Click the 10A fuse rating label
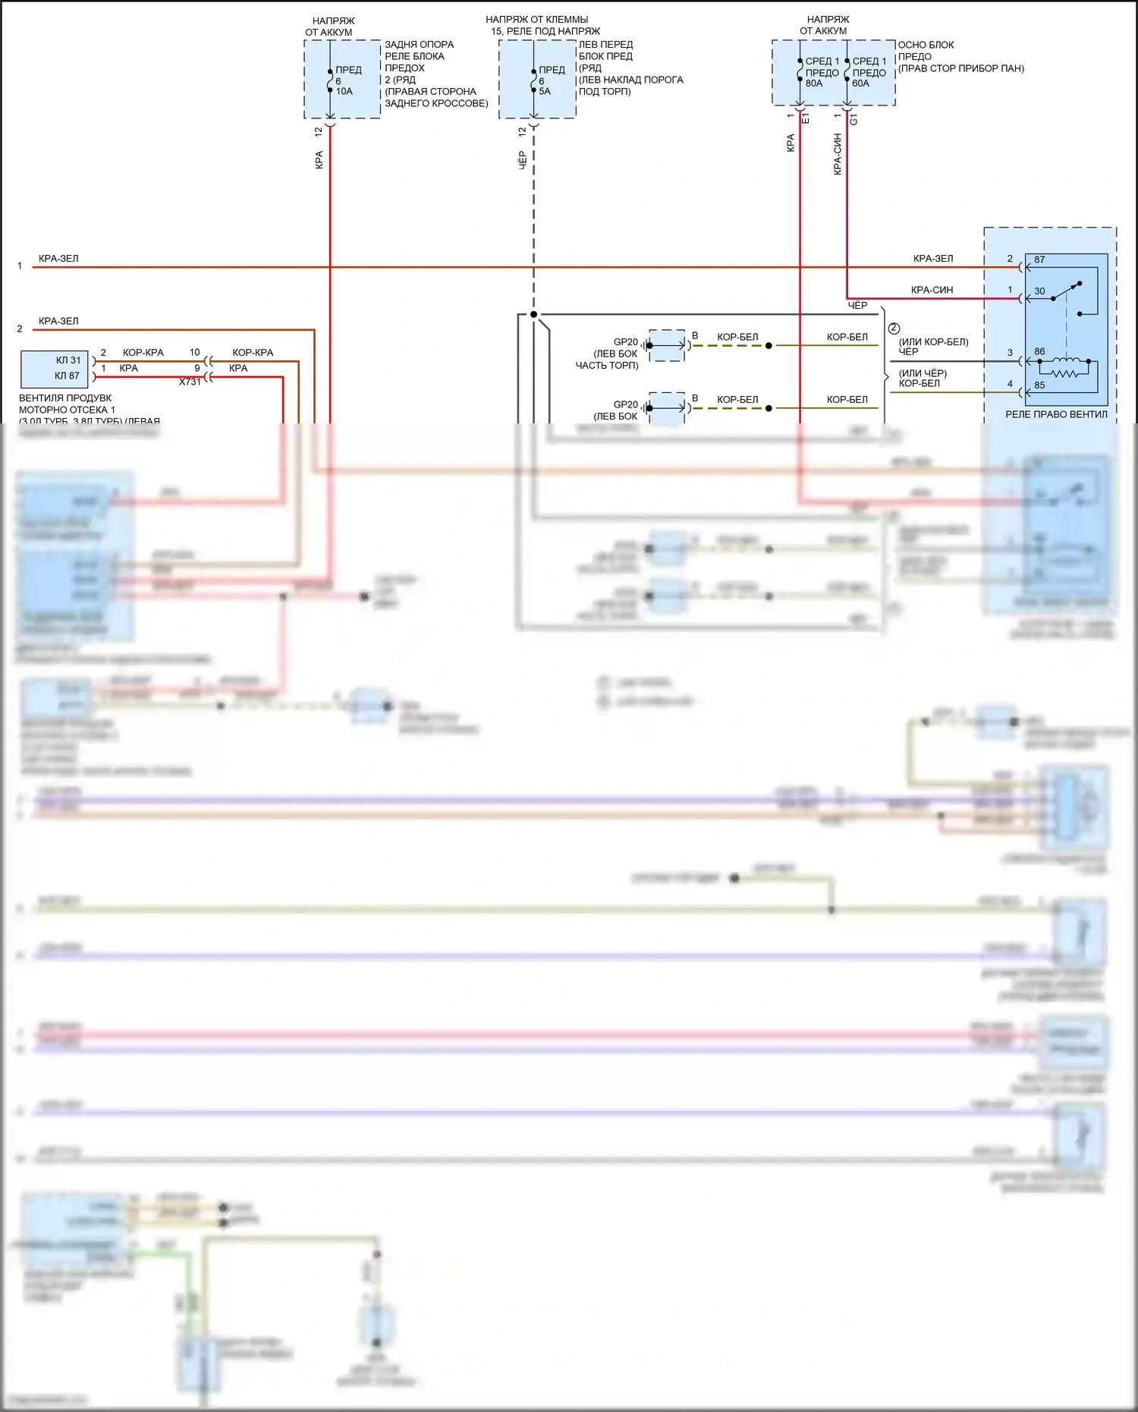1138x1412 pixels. [344, 92]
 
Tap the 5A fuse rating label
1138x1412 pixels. [545, 92]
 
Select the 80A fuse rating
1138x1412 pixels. [814, 84]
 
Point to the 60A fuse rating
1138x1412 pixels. [861, 84]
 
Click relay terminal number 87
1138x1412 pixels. [1039, 260]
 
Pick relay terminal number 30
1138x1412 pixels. [1039, 291]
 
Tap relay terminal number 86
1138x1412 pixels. [1039, 352]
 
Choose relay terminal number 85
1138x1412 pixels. [1039, 385]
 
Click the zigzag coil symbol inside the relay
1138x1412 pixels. [1064, 373]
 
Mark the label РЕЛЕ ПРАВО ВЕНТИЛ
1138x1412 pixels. [1056, 415]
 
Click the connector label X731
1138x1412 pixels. [190, 382]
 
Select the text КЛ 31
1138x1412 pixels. [68, 360]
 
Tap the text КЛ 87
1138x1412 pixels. [67, 376]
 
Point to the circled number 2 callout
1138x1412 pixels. [894, 329]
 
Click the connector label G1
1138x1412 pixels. [853, 119]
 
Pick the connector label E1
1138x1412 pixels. [806, 118]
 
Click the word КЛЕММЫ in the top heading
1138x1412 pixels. [570, 20]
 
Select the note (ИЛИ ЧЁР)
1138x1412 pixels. [923, 373]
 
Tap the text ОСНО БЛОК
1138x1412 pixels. [926, 46]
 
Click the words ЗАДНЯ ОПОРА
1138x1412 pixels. [419, 45]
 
